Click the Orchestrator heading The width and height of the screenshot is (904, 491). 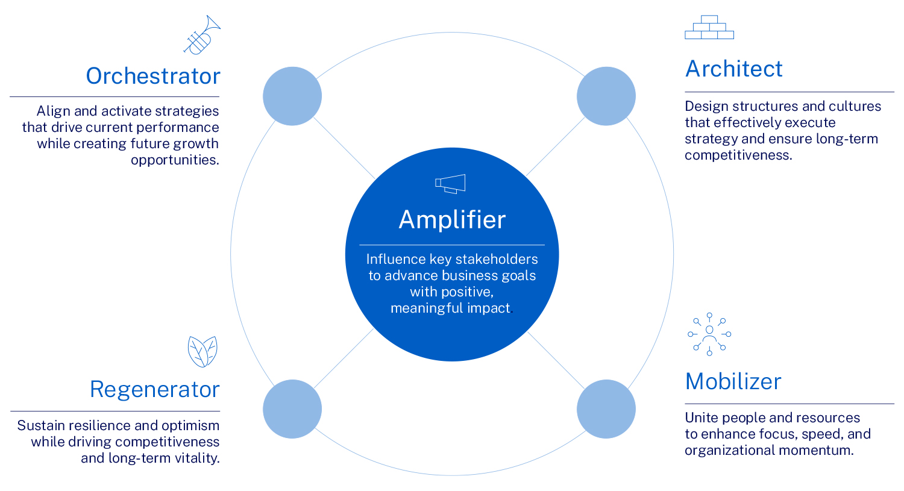(x=153, y=76)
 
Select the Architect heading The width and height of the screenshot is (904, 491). (x=733, y=69)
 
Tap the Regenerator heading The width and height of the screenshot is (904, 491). (x=154, y=389)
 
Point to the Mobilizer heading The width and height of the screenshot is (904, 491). (x=733, y=381)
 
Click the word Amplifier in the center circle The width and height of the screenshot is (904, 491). (x=452, y=219)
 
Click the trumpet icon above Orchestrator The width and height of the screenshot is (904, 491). (x=202, y=35)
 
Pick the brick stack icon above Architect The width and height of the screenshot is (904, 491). (x=709, y=27)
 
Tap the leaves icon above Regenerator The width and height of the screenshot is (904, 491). (x=202, y=351)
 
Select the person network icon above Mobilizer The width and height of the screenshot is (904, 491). (x=709, y=334)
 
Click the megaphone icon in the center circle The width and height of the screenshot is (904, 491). (x=450, y=184)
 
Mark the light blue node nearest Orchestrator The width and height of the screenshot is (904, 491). (x=292, y=96)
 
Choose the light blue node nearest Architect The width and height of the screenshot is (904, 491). (x=606, y=96)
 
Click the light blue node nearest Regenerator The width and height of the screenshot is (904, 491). (x=292, y=409)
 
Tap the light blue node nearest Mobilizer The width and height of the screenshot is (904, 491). (x=606, y=409)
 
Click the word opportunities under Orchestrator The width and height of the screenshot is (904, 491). (x=175, y=160)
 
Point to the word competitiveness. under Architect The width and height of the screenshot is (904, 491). (x=738, y=155)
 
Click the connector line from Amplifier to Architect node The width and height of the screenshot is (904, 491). (x=556, y=146)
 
